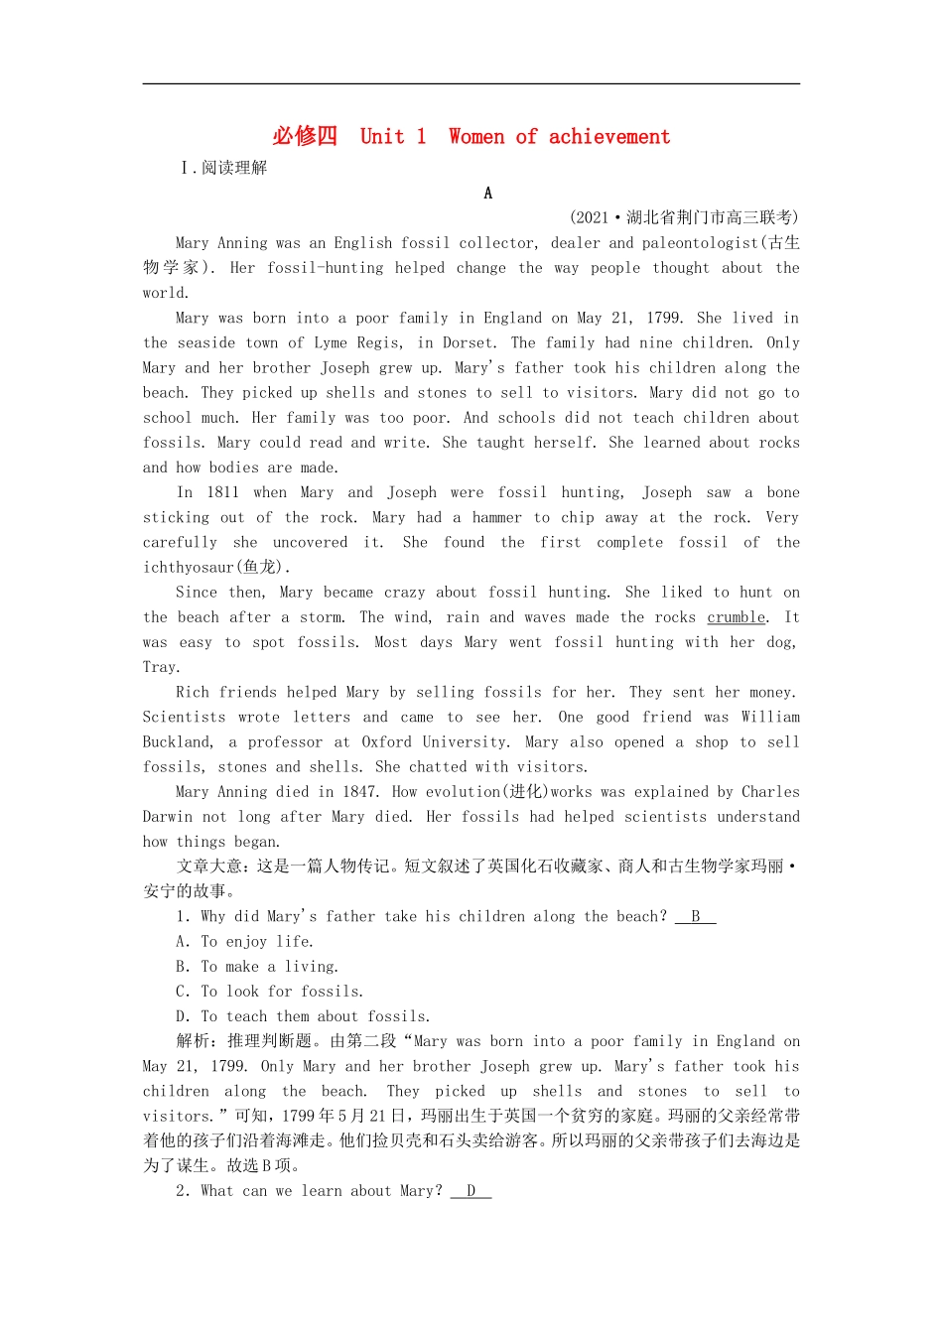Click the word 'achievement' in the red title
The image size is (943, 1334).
click(x=608, y=137)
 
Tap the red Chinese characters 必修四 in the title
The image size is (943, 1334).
click(x=305, y=137)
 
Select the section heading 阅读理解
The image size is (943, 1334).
click(x=234, y=168)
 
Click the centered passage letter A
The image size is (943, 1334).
click(x=487, y=194)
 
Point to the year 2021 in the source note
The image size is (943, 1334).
click(x=592, y=217)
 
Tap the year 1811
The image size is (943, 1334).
click(x=222, y=492)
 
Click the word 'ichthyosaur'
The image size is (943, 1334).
click(x=188, y=568)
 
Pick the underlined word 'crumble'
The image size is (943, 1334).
click(x=737, y=617)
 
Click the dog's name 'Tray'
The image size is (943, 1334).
click(x=160, y=667)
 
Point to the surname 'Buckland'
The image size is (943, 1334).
click(x=177, y=741)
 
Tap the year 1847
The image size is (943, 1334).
click(x=359, y=792)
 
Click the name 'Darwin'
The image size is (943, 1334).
click(x=167, y=817)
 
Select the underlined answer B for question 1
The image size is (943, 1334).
click(x=696, y=916)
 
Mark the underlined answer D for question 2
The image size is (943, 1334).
click(x=471, y=1191)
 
